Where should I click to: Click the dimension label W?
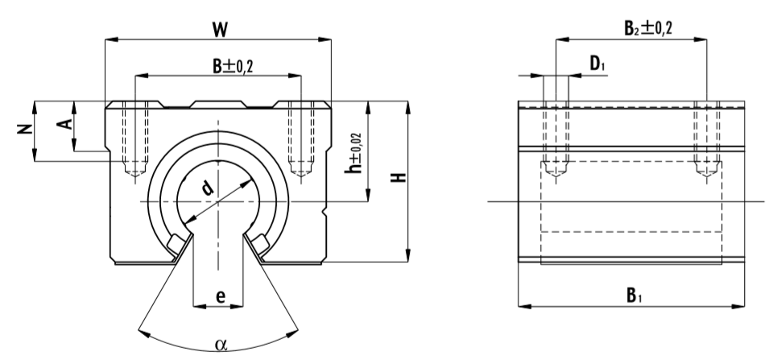[x=218, y=29]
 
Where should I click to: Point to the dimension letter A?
[x=68, y=122]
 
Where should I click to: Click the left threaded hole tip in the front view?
[x=135, y=172]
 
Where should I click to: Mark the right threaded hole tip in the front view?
[x=300, y=172]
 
